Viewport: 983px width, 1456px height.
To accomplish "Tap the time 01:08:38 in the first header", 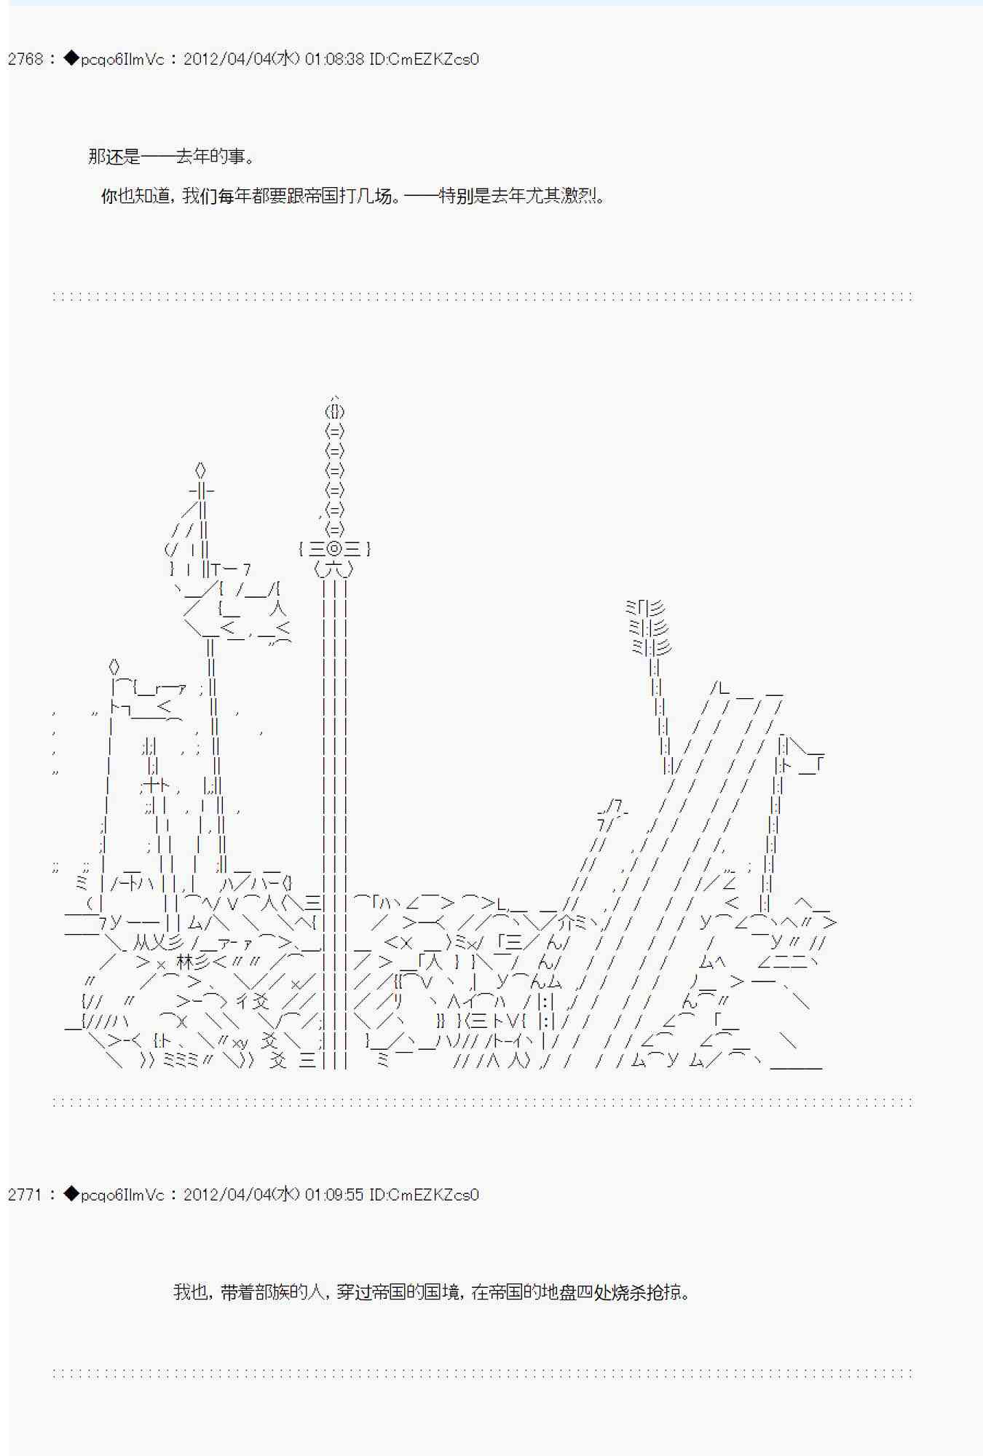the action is tap(335, 59).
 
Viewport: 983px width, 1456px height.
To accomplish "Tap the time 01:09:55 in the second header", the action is tap(335, 1195).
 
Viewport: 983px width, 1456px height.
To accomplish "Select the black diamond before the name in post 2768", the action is tap(71, 59).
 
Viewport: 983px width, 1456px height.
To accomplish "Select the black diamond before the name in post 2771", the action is tap(71, 1195).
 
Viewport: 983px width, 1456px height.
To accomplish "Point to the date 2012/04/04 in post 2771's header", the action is tap(226, 1195).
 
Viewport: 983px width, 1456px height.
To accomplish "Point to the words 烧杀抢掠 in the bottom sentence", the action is tap(647, 1292).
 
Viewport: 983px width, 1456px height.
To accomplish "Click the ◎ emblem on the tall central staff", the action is tap(334, 549).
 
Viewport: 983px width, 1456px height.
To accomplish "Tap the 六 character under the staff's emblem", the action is tap(334, 569).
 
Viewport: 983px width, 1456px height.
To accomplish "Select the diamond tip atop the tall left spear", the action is tap(201, 470).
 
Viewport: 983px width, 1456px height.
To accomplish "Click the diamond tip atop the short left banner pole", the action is tap(114, 667).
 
